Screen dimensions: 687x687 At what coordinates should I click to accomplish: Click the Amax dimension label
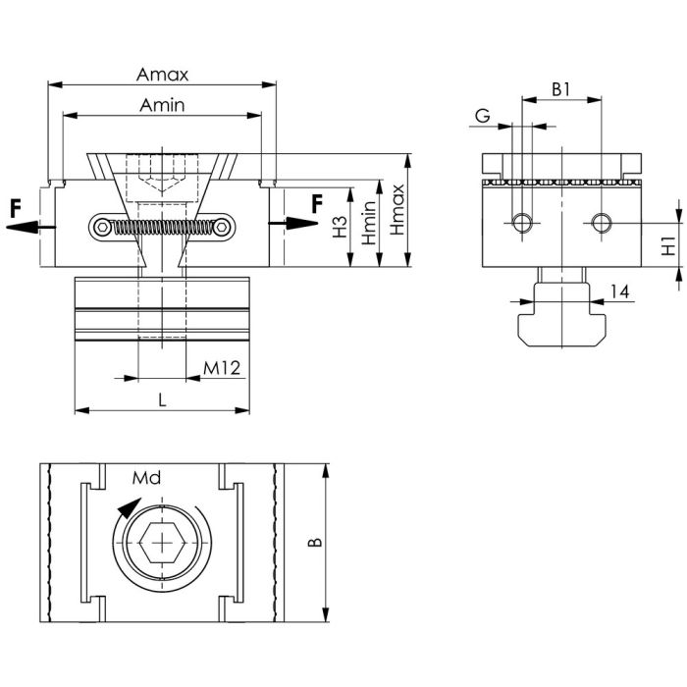click(162, 75)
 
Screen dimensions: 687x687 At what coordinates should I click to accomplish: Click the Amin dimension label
click(162, 105)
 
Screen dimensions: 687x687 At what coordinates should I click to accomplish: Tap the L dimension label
click(163, 399)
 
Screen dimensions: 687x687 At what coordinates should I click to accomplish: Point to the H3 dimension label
click(340, 228)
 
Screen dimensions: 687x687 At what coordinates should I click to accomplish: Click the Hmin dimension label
click(368, 223)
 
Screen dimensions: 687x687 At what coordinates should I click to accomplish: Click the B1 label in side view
click(560, 88)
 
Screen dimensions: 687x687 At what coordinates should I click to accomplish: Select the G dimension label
click(482, 116)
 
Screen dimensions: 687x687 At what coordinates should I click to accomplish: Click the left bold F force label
click(16, 208)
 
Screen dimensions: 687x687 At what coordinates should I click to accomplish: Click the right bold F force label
click(316, 204)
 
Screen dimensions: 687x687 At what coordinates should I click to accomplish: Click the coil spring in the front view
click(162, 228)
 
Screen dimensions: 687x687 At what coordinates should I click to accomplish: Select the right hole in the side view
click(600, 223)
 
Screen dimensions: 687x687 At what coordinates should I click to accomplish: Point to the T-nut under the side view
click(561, 313)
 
